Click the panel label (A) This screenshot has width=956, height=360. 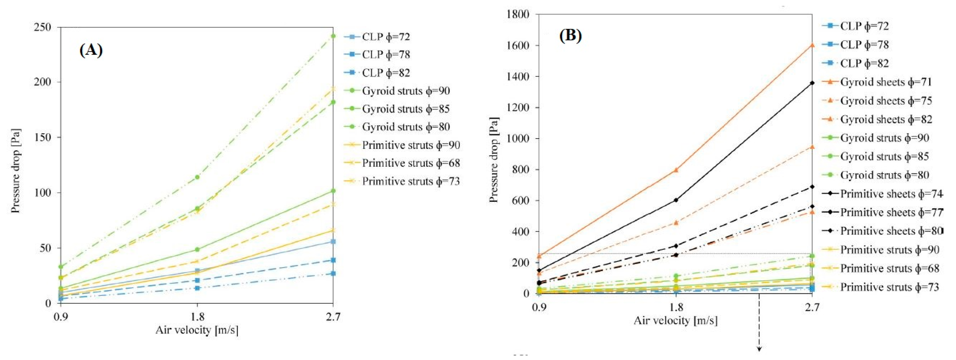91,50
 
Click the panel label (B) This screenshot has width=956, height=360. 570,36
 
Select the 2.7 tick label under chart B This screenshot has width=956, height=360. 812,307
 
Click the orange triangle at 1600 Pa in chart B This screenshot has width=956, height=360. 812,45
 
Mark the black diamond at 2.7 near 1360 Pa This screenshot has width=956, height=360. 812,83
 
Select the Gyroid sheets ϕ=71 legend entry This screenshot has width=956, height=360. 886,82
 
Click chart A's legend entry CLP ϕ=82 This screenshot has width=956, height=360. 386,73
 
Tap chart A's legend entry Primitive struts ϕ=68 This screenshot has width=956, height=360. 411,163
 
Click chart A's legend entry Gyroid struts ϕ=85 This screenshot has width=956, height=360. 406,109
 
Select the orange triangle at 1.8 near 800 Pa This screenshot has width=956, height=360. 676,170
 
